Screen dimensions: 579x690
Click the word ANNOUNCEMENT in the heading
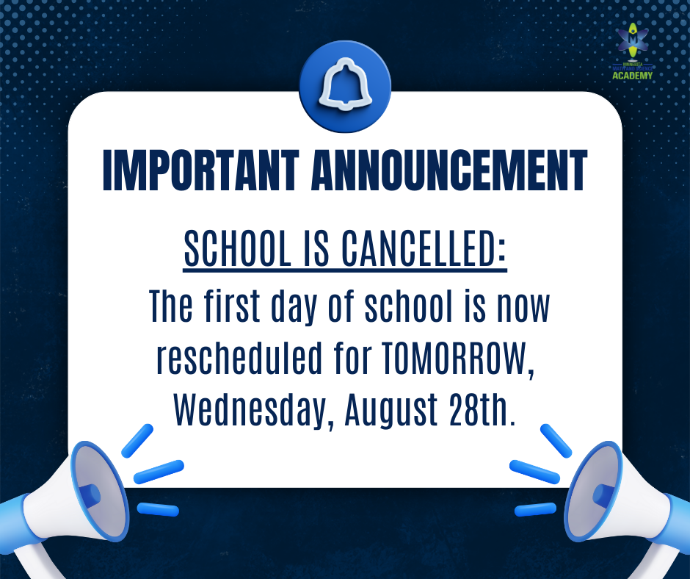[x=449, y=171]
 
